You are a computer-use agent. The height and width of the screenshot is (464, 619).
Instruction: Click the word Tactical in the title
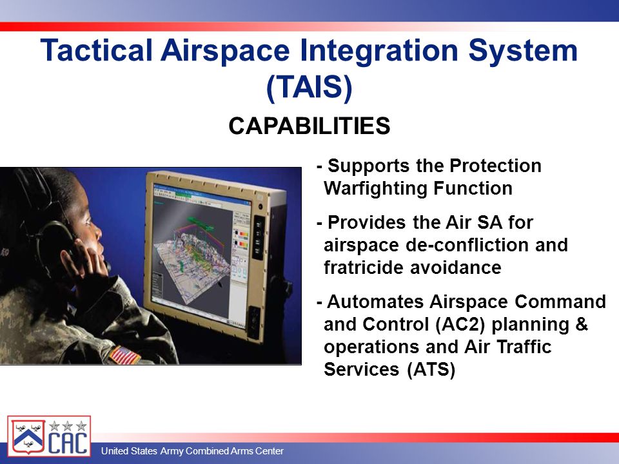(96, 50)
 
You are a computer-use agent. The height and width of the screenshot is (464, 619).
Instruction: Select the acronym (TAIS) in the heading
(309, 87)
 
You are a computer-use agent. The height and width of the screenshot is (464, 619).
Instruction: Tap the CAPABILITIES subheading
(309, 126)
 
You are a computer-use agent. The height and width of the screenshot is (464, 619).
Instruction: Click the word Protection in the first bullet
(495, 166)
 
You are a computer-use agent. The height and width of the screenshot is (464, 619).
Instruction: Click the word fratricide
(363, 267)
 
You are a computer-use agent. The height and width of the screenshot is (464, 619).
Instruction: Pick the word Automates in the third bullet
(375, 302)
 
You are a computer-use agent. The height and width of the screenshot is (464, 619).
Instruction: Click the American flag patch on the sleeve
(124, 354)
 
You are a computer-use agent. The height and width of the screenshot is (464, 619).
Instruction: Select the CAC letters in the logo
(68, 442)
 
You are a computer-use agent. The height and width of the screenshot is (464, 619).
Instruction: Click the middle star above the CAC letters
(68, 425)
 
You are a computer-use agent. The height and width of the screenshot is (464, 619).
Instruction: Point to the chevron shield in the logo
(28, 437)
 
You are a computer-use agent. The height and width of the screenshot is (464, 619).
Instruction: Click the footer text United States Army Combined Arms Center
(192, 450)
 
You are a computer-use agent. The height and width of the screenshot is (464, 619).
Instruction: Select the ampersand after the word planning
(582, 324)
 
